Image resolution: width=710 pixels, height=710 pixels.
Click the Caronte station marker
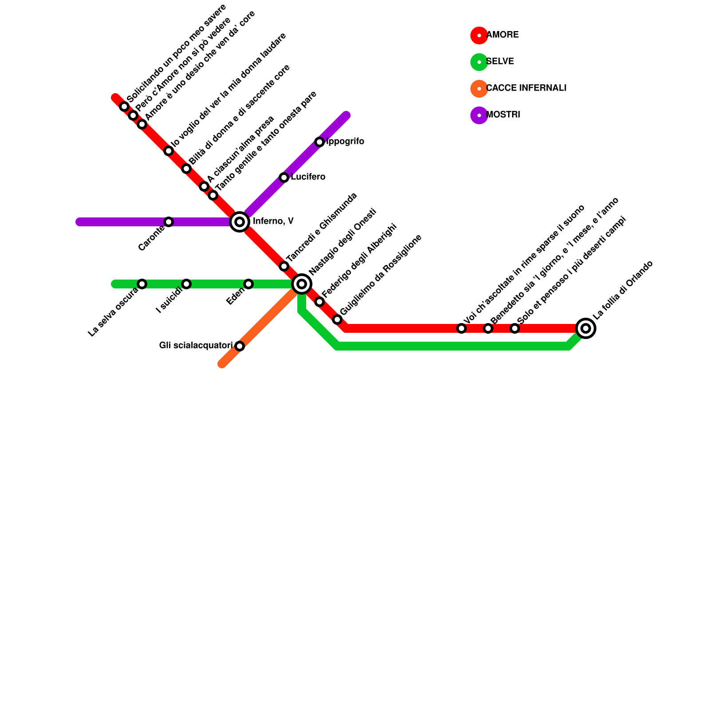click(169, 222)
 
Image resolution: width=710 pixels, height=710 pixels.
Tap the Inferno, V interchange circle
click(240, 222)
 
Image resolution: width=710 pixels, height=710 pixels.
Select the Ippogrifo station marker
click(319, 142)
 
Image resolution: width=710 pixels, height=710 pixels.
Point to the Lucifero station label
click(308, 177)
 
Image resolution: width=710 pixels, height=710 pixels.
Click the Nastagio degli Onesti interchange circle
click(302, 284)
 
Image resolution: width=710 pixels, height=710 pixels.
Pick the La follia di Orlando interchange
click(586, 328)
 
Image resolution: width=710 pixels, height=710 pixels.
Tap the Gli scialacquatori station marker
click(240, 346)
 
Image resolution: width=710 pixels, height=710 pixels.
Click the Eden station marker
click(248, 284)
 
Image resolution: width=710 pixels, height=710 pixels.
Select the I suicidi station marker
click(186, 284)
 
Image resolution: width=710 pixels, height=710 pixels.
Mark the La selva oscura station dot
click(142, 284)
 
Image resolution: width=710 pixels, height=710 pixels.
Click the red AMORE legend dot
click(479, 35)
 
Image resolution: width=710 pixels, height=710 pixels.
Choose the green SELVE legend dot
click(479, 62)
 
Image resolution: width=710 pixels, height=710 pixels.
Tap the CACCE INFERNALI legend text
click(526, 88)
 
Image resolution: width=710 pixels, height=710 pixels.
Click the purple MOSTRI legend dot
click(479, 115)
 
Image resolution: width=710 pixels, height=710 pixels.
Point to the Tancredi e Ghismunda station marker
click(284, 266)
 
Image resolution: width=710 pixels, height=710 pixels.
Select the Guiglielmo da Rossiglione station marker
click(337, 319)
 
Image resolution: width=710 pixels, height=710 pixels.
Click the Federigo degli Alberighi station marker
click(319, 302)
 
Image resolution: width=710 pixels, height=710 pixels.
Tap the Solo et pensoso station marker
click(515, 328)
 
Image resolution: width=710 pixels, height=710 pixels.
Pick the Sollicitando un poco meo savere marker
click(124, 106)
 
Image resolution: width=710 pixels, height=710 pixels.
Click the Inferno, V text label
click(273, 221)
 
